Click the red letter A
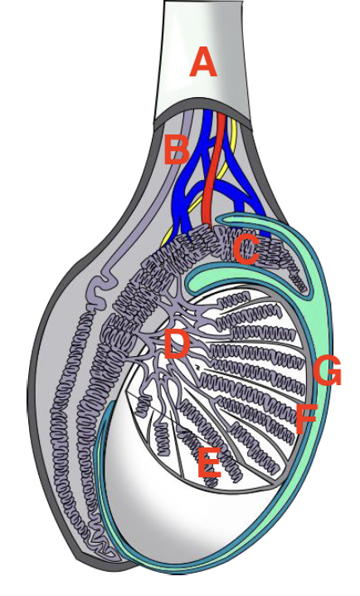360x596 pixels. (203, 62)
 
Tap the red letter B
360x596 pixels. (177, 150)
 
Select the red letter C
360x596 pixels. (246, 249)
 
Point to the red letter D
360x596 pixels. (176, 344)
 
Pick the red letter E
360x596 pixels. (209, 462)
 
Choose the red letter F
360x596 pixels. (306, 418)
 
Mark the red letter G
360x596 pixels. (328, 370)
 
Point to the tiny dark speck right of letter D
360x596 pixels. (197, 367)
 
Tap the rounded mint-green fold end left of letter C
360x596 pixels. (192, 280)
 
